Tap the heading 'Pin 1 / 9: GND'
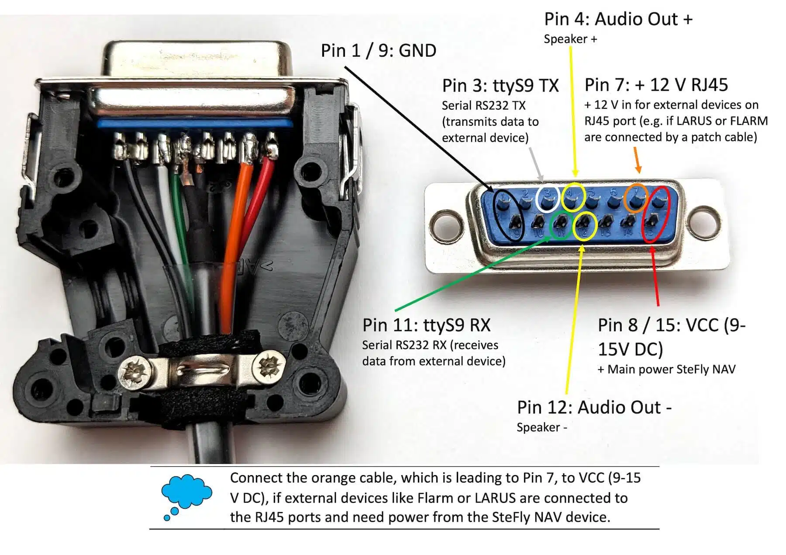click(379, 51)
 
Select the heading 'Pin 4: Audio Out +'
click(618, 19)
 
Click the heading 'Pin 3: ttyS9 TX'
click(500, 86)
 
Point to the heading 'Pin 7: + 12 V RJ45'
click(656, 85)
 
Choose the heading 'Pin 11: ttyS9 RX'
click(427, 325)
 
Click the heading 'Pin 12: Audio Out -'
click(594, 407)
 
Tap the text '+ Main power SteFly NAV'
click(666, 369)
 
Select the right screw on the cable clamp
click(271, 366)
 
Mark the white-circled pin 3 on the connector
click(547, 199)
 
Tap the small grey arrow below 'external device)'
click(536, 164)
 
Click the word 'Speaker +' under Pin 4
click(570, 39)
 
